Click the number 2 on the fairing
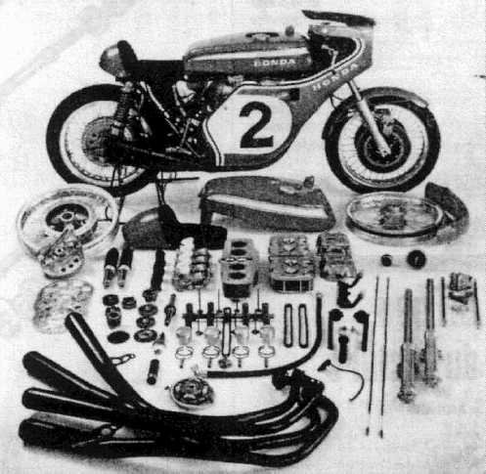pyautogui.click(x=256, y=125)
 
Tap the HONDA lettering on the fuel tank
pyautogui.click(x=275, y=63)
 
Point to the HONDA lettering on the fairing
pyautogui.click(x=334, y=76)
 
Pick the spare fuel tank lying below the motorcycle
pyautogui.click(x=267, y=202)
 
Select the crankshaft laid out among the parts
pyautogui.click(x=228, y=315)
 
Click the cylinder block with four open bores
pyautogui.click(x=240, y=267)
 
